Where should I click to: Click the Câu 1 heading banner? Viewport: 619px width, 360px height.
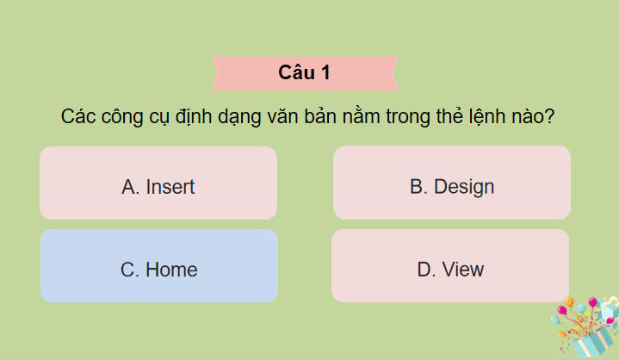click(305, 73)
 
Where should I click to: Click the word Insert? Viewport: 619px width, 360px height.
click(170, 187)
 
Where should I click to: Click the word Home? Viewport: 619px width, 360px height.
click(171, 270)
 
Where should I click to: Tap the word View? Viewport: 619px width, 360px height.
click(463, 270)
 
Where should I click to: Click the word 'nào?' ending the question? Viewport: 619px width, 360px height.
click(531, 118)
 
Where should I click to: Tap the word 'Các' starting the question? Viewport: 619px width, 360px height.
click(78, 118)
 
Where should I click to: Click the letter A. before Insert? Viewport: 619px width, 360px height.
click(131, 187)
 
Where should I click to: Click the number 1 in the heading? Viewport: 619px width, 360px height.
click(325, 73)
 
